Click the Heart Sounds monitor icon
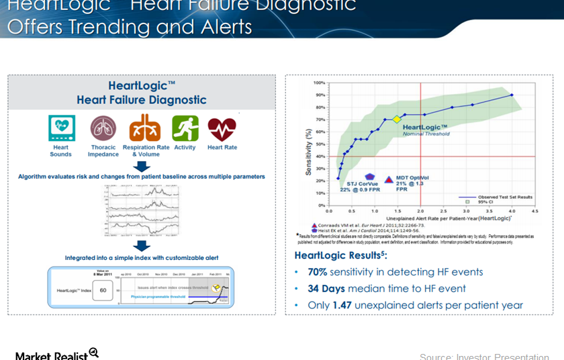coord(60,128)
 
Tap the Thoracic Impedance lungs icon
coord(103,128)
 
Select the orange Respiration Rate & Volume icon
coord(145,128)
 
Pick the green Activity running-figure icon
coord(185,128)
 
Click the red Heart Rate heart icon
coord(222,128)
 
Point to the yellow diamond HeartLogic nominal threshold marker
coord(397,120)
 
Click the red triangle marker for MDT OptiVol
coord(389,180)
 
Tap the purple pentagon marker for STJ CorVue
coord(369,177)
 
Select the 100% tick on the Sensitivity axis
coord(319,83)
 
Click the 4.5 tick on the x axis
coord(534,211)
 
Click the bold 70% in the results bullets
coord(317,272)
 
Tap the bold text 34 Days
coord(326,289)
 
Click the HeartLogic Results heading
coord(340,255)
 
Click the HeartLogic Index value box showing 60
coord(103,290)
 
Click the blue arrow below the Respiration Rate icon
coord(142,166)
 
